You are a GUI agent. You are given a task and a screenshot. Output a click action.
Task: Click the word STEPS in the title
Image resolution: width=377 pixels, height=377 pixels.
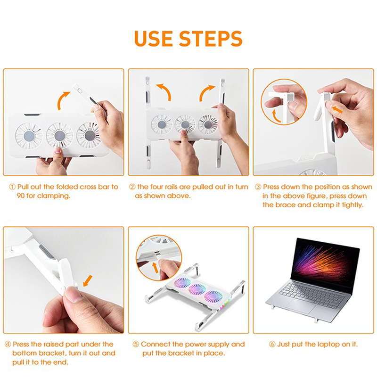pyautogui.click(x=211, y=39)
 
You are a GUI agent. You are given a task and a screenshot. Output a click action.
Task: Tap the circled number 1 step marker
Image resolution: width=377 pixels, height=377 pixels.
pyautogui.click(x=12, y=187)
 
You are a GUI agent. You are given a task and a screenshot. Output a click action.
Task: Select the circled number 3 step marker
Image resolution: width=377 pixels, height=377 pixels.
pyautogui.click(x=258, y=187)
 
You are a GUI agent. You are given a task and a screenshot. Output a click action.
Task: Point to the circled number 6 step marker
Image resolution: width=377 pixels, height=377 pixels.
pyautogui.click(x=272, y=344)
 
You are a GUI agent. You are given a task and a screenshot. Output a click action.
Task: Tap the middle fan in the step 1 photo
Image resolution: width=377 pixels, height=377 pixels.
pyautogui.click(x=60, y=135)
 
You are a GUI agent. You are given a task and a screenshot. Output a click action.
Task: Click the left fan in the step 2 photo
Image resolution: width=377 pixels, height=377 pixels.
pyautogui.click(x=162, y=124)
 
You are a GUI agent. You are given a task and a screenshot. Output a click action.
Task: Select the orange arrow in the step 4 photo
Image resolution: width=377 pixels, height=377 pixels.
pyautogui.click(x=88, y=280)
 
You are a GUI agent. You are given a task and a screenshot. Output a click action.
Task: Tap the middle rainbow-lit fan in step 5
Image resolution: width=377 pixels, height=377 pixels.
pyautogui.click(x=197, y=289)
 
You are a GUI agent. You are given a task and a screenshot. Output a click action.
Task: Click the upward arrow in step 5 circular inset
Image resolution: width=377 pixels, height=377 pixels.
pyautogui.click(x=156, y=267)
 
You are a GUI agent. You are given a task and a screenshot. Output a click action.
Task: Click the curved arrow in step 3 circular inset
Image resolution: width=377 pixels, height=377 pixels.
pyautogui.click(x=276, y=116)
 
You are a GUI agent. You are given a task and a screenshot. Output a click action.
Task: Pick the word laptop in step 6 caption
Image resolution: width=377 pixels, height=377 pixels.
pyautogui.click(x=328, y=345)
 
